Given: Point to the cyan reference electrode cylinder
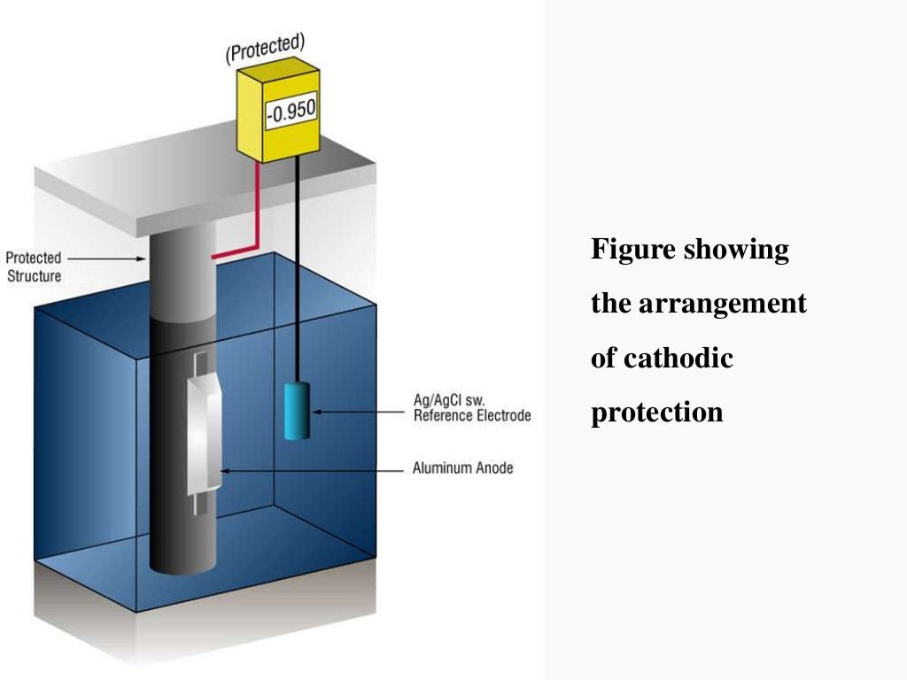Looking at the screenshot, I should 297,410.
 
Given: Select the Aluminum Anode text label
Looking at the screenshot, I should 462,467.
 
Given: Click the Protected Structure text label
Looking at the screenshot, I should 34,267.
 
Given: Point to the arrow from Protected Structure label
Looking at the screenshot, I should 107,259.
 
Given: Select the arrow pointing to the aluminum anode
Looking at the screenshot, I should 310,470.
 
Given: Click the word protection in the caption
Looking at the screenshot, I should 656,413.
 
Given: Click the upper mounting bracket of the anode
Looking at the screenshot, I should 201,363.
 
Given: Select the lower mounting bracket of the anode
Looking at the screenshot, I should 201,505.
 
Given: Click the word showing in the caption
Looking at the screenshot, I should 737,250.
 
